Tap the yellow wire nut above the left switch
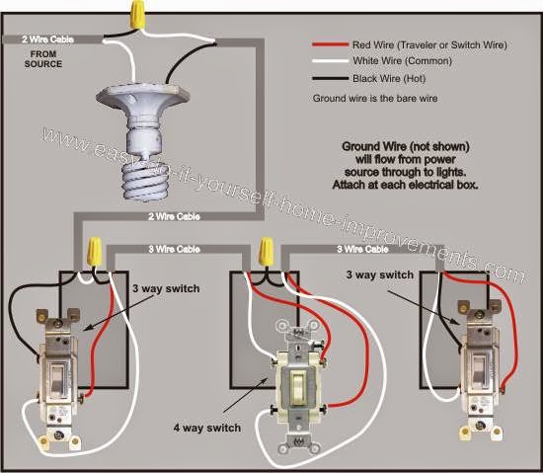[94, 252]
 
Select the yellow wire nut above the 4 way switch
[266, 251]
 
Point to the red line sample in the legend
[330, 44]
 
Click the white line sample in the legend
[330, 61]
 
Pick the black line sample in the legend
[330, 79]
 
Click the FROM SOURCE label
[43, 59]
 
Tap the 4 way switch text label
[207, 428]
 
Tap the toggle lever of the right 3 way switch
[479, 373]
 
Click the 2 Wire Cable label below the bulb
[174, 217]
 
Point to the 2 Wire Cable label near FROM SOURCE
[47, 39]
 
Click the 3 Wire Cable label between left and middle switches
[174, 249]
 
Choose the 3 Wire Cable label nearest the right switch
[362, 249]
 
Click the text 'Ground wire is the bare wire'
[375, 99]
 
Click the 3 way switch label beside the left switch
[166, 288]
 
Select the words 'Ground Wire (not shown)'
[406, 146]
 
